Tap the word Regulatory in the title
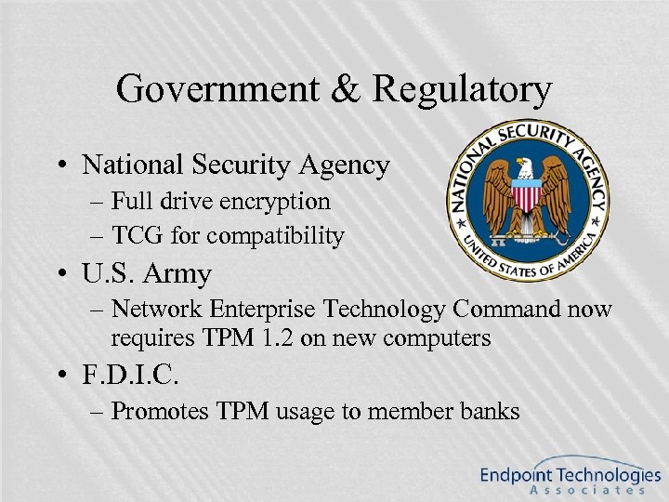[462, 91]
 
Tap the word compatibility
[275, 237]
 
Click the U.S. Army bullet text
[147, 274]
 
